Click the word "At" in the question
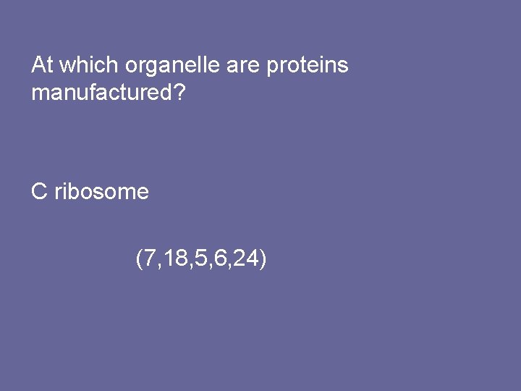click(42, 65)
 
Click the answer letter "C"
click(39, 192)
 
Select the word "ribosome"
click(101, 192)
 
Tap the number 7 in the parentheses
click(149, 258)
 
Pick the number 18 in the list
click(174, 258)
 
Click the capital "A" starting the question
click(38, 65)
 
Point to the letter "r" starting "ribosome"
click(57, 193)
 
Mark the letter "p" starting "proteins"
click(272, 67)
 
